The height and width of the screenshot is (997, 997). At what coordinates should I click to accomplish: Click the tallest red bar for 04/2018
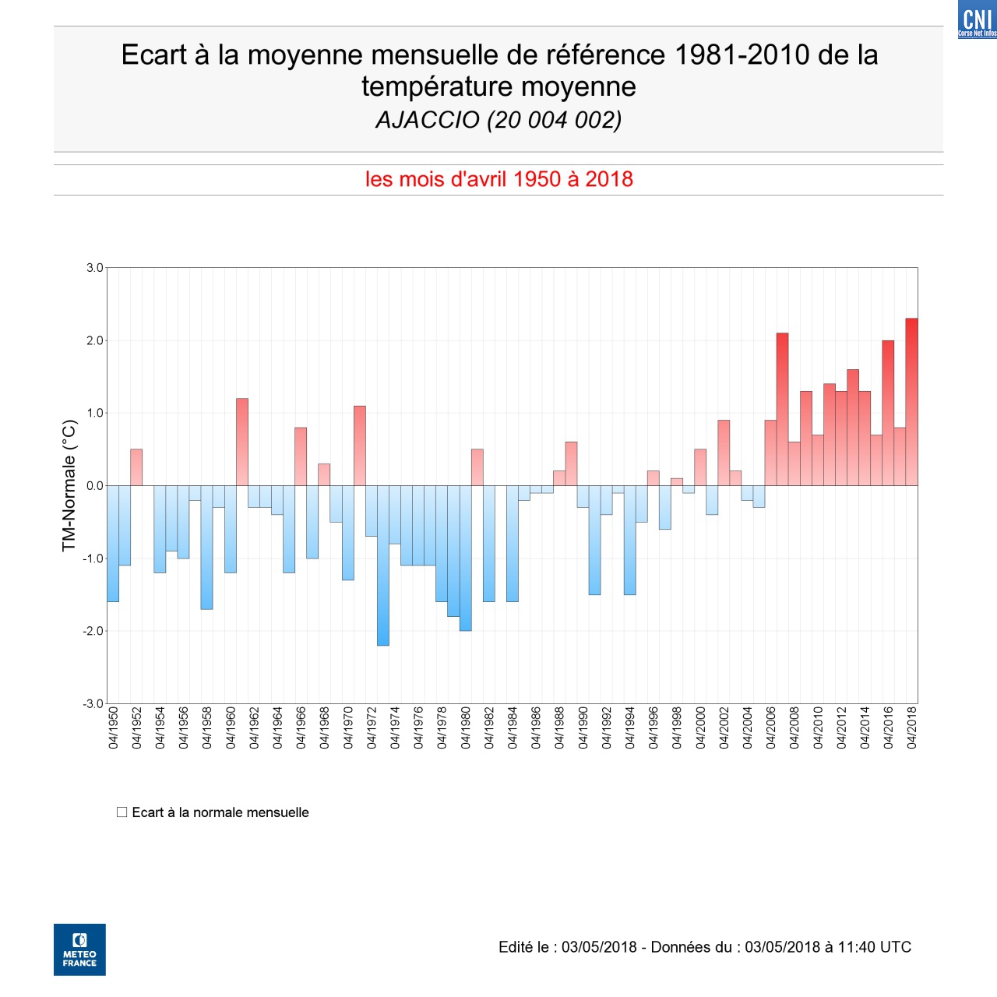(911, 402)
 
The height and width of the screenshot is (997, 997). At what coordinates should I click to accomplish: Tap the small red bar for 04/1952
(136, 467)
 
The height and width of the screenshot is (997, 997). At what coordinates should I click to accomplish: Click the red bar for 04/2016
(888, 413)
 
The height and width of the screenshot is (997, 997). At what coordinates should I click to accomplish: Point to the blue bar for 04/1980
(466, 558)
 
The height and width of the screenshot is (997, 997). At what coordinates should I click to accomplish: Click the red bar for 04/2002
(724, 453)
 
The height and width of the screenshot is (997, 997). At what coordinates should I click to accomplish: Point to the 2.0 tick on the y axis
(95, 340)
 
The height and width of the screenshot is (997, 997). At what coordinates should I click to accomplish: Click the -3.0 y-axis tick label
(93, 703)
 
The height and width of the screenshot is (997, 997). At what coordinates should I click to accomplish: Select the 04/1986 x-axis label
(536, 727)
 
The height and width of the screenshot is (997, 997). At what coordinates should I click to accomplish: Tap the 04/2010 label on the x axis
(818, 727)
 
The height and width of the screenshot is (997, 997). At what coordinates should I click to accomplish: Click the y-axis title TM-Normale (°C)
(69, 485)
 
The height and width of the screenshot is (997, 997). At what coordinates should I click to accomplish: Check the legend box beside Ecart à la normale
(122, 812)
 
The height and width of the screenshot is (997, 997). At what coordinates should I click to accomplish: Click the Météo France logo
(79, 949)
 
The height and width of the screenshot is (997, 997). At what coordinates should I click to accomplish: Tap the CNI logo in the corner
(977, 19)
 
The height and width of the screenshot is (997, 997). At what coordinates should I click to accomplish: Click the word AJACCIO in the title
(428, 120)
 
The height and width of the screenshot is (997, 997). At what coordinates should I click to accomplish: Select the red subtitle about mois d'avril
(498, 179)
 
